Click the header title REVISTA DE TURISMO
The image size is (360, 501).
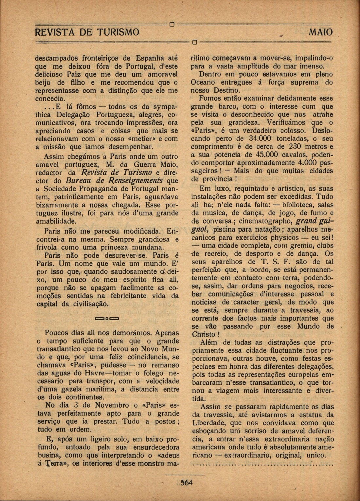[x=87, y=32]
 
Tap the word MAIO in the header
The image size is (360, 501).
[x=320, y=32]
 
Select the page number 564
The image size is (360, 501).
[x=185, y=483]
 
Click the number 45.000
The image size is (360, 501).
[x=265, y=154]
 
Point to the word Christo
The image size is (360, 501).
[x=203, y=335]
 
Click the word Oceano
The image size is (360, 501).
[x=204, y=83]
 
